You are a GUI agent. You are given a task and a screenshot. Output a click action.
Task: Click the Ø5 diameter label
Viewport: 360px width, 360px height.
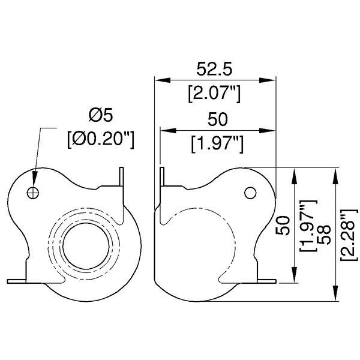click(x=99, y=114)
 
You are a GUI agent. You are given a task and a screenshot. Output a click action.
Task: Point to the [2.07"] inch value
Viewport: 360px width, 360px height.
click(x=214, y=93)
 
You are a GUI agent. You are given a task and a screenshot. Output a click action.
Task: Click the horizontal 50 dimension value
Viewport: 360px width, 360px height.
click(x=216, y=120)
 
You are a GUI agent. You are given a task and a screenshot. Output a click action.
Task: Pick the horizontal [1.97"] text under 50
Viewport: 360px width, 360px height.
click(x=216, y=144)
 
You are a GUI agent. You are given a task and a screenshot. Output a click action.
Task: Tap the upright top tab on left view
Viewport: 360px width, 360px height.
click(x=122, y=178)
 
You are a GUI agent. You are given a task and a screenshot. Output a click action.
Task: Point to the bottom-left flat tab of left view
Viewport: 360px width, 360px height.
click(x=17, y=280)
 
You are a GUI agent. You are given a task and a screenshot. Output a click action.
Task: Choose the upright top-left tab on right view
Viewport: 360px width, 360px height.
click(x=162, y=178)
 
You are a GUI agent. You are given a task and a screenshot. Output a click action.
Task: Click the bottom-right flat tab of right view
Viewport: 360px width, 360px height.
click(x=266, y=280)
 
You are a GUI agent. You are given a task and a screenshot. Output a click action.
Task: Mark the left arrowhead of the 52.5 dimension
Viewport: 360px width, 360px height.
click(x=158, y=80)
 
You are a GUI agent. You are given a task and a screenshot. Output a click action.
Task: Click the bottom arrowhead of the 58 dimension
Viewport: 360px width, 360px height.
click(x=334, y=298)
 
